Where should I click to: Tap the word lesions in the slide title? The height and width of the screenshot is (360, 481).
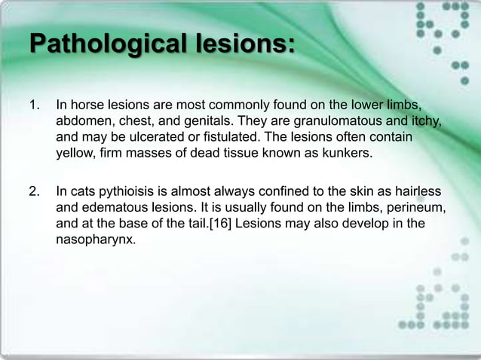coord(240,45)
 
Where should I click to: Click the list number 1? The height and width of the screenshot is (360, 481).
coord(34,103)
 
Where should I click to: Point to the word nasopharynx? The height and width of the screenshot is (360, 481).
coord(96,243)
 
